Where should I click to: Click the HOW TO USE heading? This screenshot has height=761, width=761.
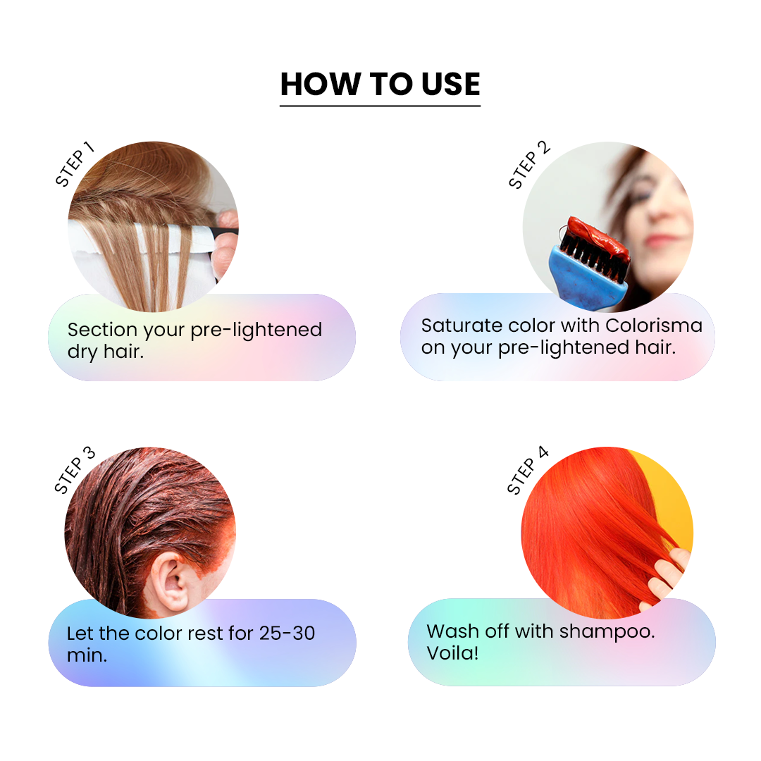(380, 84)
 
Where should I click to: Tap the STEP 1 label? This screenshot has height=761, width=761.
(74, 164)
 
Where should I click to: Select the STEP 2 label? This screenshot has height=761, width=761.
(529, 164)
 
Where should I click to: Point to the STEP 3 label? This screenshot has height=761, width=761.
(74, 470)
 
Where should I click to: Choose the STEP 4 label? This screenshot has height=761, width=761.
(528, 470)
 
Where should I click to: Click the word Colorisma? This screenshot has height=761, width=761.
(654, 325)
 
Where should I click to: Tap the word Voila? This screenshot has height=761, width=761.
(452, 653)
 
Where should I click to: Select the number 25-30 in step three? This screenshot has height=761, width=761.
(287, 633)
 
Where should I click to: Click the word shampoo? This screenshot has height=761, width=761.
(607, 632)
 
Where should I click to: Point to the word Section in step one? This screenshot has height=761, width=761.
(102, 330)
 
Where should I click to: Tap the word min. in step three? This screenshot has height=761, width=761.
(87, 656)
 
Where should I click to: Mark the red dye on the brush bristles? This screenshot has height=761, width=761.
(598, 236)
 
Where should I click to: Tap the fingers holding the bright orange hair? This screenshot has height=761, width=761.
(668, 575)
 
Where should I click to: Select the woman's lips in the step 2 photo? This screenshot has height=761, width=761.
(661, 240)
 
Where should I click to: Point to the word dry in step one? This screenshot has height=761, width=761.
(82, 352)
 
